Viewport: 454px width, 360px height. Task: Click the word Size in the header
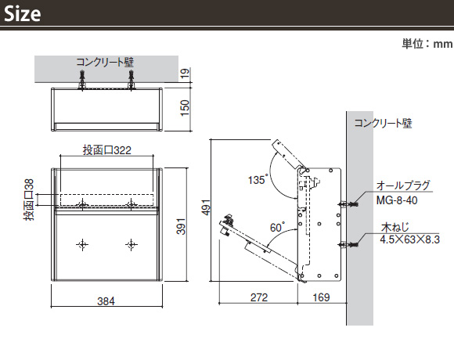pyautogui.click(x=22, y=13)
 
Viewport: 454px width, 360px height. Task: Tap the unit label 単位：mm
pyautogui.click(x=427, y=44)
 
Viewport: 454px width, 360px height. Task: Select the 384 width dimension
pyautogui.click(x=106, y=301)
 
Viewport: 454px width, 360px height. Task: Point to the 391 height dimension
pyautogui.click(x=181, y=226)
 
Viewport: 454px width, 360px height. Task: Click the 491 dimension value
pyautogui.click(x=206, y=207)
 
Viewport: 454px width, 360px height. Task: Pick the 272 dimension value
pyautogui.click(x=259, y=297)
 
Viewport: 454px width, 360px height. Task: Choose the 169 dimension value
pyautogui.click(x=321, y=297)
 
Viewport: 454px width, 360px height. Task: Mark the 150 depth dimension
pyautogui.click(x=185, y=108)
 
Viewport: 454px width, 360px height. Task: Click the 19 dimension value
pyautogui.click(x=185, y=74)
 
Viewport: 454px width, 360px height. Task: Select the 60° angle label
pyautogui.click(x=277, y=228)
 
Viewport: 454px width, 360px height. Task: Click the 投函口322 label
pyautogui.click(x=106, y=150)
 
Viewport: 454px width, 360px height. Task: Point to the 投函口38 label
pyautogui.click(x=29, y=200)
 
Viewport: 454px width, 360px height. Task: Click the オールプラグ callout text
pyautogui.click(x=403, y=185)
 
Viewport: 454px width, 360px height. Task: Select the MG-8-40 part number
pyautogui.click(x=397, y=200)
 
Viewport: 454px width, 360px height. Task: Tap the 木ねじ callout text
pyautogui.click(x=395, y=228)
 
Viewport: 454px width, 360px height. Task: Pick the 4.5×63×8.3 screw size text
pyautogui.click(x=409, y=239)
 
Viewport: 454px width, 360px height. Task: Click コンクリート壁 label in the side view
pyautogui.click(x=383, y=124)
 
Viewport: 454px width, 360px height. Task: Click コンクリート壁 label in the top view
pyautogui.click(x=105, y=63)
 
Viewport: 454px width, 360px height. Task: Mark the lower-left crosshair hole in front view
pyautogui.click(x=82, y=245)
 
